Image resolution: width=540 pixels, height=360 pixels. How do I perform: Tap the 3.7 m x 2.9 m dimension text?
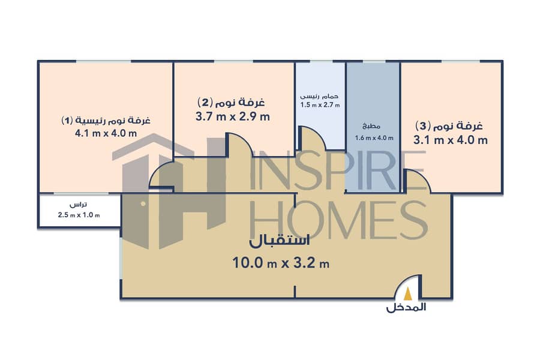pos(233,117)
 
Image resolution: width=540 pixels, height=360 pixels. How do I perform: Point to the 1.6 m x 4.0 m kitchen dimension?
pos(373,138)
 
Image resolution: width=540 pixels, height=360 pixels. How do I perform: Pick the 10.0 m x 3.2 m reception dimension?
pos(280,262)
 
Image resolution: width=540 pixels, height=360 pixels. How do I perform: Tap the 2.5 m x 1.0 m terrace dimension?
pos(79,215)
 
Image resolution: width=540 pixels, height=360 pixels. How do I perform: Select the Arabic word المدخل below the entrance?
pos(406,308)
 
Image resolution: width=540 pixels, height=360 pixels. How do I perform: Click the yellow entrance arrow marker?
pos(408,293)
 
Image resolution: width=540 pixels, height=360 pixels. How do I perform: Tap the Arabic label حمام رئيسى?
pos(320,96)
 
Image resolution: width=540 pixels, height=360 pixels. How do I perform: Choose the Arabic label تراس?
pos(79,206)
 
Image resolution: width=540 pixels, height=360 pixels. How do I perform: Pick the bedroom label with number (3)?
pos(450,126)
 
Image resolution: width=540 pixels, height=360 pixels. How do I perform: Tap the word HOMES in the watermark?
pos(342,220)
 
